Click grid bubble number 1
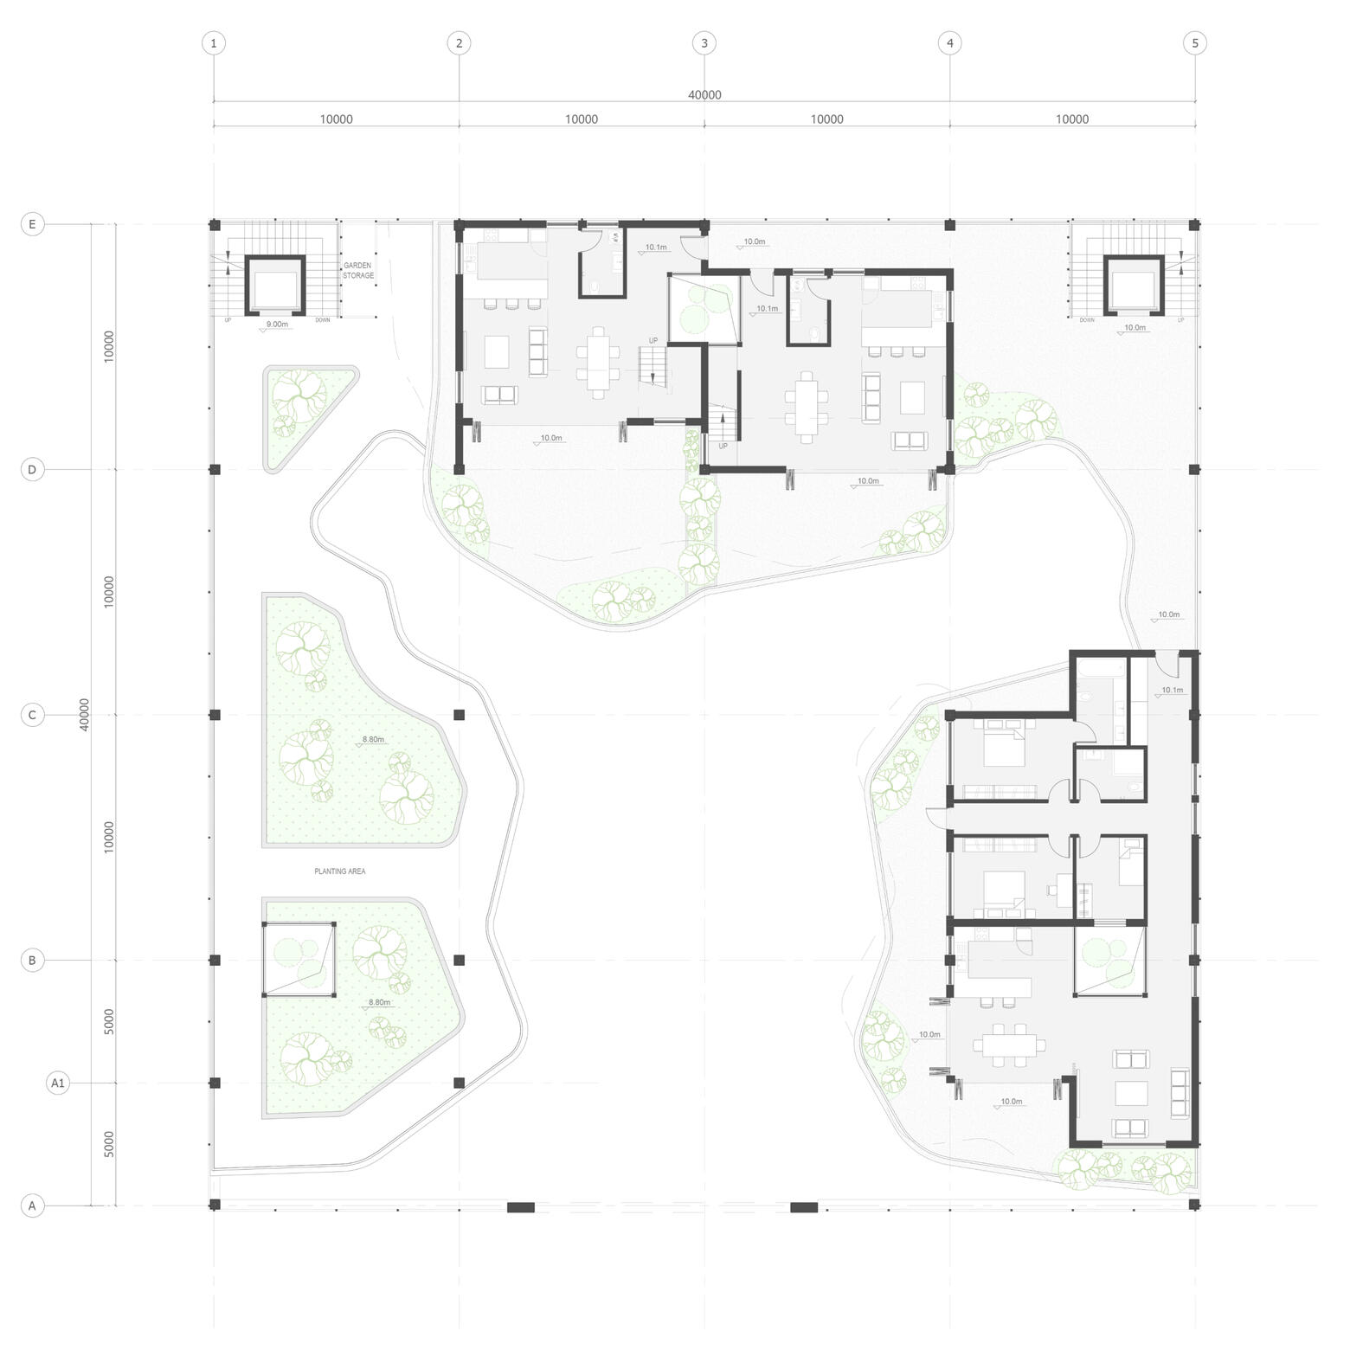(x=214, y=42)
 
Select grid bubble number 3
(x=704, y=42)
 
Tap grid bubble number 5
(x=1195, y=42)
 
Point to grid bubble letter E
(x=32, y=225)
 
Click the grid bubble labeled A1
(x=58, y=1083)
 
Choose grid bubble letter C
(x=32, y=715)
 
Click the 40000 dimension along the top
(x=704, y=95)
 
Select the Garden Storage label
(x=358, y=271)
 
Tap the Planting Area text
(x=339, y=871)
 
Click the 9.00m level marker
(x=277, y=325)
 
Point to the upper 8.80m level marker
(x=373, y=740)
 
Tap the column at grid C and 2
(x=460, y=715)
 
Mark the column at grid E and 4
(x=949, y=225)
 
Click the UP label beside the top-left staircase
(x=228, y=320)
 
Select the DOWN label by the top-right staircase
(x=1087, y=320)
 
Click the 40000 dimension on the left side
(x=84, y=715)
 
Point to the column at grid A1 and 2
(x=460, y=1083)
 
